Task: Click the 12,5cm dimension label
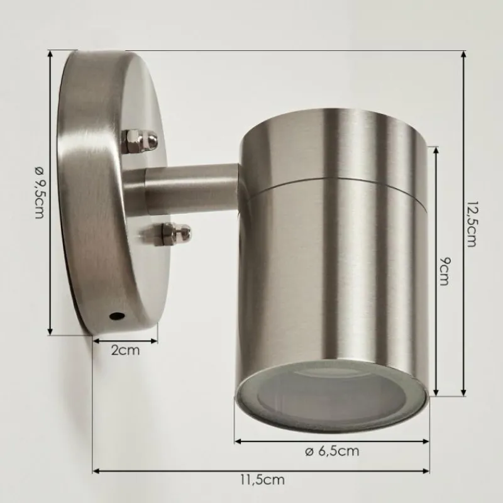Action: tap(471, 224)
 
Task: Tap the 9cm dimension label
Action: tap(445, 271)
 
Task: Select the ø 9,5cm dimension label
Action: tap(40, 192)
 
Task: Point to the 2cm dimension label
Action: tap(125, 350)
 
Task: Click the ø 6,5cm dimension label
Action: tap(332, 451)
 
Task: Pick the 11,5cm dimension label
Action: tap(263, 480)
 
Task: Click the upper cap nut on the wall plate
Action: tap(140, 140)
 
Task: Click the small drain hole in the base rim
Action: tap(116, 316)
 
